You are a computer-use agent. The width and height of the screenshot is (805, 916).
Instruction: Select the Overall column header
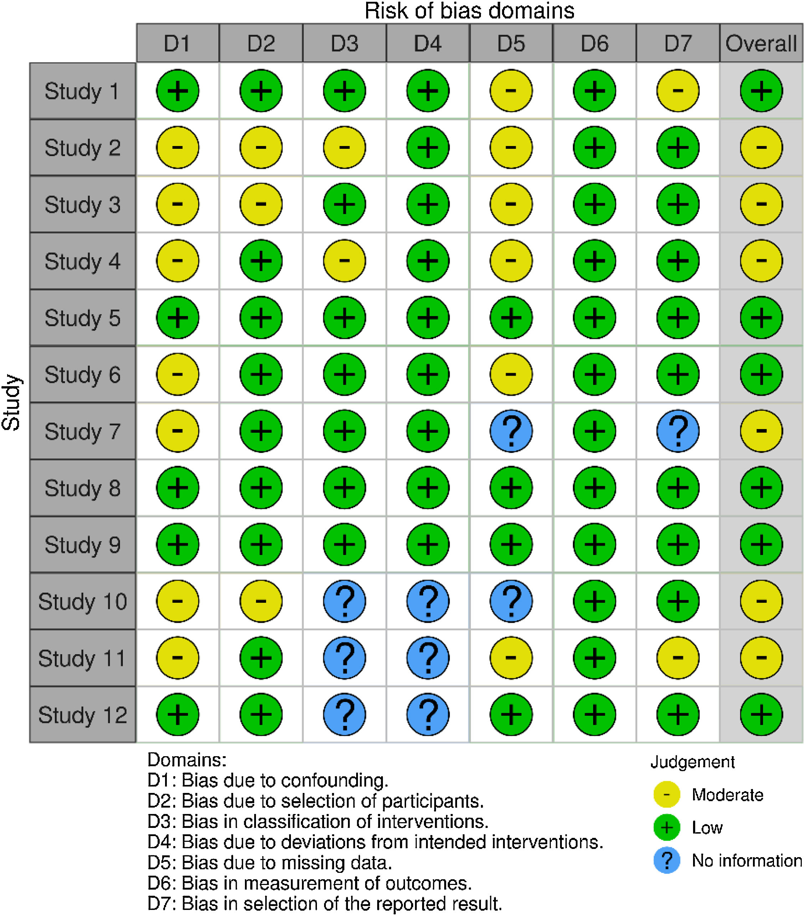pos(761,44)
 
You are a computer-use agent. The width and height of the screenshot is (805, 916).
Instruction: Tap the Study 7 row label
pos(82,431)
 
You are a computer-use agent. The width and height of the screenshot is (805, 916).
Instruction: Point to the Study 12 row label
pos(82,715)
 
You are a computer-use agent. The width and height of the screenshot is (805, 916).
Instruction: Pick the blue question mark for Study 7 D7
pos(678,431)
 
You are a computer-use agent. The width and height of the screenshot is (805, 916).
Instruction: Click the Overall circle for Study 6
pos(761,374)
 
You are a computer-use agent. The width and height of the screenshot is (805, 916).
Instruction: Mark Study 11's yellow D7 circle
pos(678,658)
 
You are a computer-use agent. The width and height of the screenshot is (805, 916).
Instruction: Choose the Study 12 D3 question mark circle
pos(344,715)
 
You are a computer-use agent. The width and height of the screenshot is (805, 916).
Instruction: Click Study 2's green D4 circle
pos(427,147)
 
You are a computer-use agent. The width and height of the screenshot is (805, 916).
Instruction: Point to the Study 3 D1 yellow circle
pos(178,204)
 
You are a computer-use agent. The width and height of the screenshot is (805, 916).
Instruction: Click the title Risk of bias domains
pos(469,11)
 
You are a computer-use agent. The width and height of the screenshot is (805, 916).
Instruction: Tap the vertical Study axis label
pos(11,402)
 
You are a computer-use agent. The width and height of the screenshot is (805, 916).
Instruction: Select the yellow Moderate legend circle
pos(667,795)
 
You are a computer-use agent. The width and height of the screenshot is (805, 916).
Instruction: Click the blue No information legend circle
pos(667,860)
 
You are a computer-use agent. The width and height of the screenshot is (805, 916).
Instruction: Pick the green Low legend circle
pos(667,828)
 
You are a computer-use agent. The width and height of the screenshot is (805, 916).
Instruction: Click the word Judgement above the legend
pos(692,762)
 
